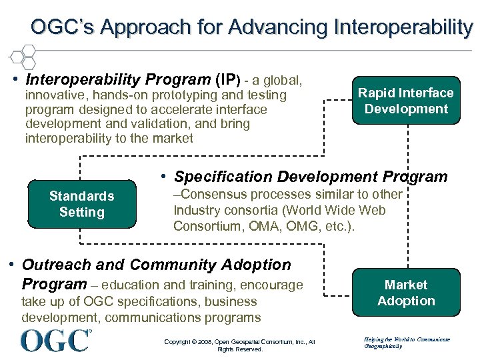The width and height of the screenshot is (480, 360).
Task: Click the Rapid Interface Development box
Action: (x=406, y=101)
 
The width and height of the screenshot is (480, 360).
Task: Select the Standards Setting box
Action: (x=81, y=204)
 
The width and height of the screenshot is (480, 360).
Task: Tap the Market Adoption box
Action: (x=406, y=293)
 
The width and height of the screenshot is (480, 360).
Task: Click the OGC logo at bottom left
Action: (x=56, y=340)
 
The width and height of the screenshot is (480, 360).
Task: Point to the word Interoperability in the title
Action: (x=405, y=27)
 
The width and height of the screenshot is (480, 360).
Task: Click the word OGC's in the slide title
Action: (x=63, y=27)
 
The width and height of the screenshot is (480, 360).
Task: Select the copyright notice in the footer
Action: (x=239, y=345)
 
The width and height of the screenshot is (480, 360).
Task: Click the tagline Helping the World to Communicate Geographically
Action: (x=407, y=343)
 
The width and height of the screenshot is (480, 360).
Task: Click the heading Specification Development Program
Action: (x=311, y=177)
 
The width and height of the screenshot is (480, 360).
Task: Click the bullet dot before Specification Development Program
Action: (x=163, y=176)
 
